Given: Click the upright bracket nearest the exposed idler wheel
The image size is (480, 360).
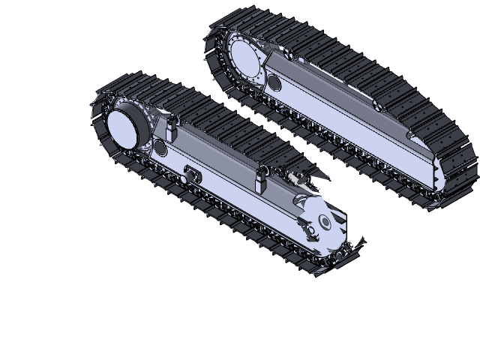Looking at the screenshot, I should [x=262, y=179].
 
